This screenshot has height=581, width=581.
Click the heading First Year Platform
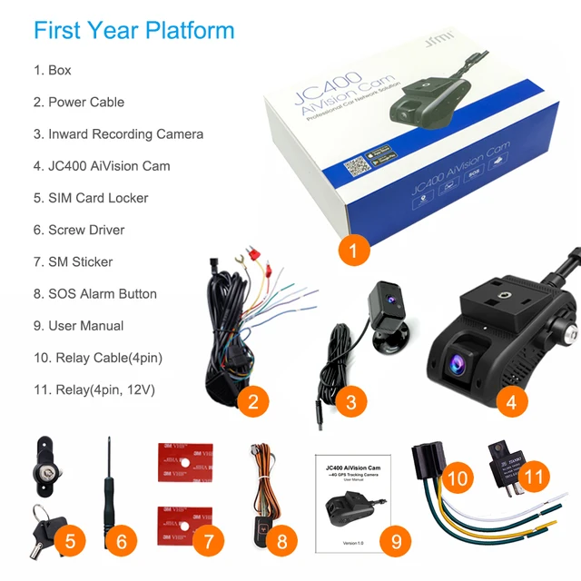[x=133, y=30]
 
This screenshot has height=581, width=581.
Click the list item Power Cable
[x=86, y=103]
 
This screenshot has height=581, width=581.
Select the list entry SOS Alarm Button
[x=102, y=294]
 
